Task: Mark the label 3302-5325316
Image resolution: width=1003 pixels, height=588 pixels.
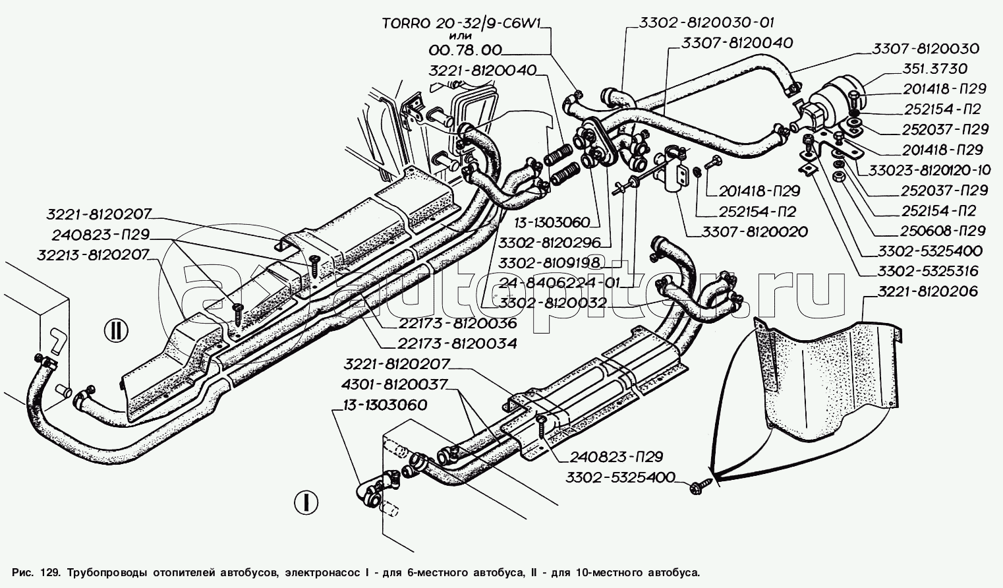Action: click(x=930, y=271)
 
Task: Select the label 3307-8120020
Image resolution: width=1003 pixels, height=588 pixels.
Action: click(x=755, y=231)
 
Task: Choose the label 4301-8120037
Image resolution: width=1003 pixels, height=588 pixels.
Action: click(x=395, y=384)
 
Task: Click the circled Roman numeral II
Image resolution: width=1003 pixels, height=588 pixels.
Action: click(x=115, y=330)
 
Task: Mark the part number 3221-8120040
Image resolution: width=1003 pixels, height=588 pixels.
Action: click(x=483, y=71)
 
